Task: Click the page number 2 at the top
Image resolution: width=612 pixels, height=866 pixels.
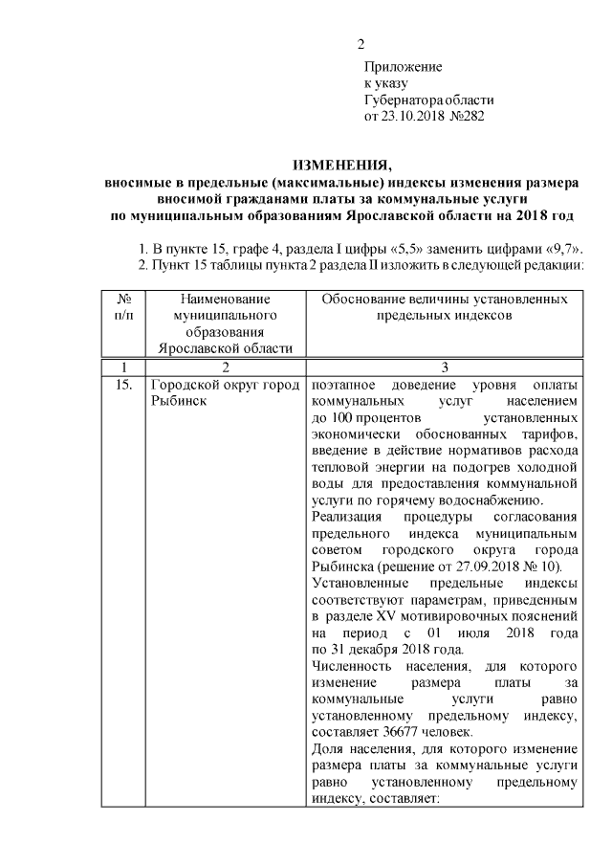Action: click(361, 45)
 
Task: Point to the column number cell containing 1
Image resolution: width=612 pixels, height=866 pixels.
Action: click(122, 366)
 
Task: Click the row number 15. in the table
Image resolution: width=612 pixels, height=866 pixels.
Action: click(121, 385)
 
